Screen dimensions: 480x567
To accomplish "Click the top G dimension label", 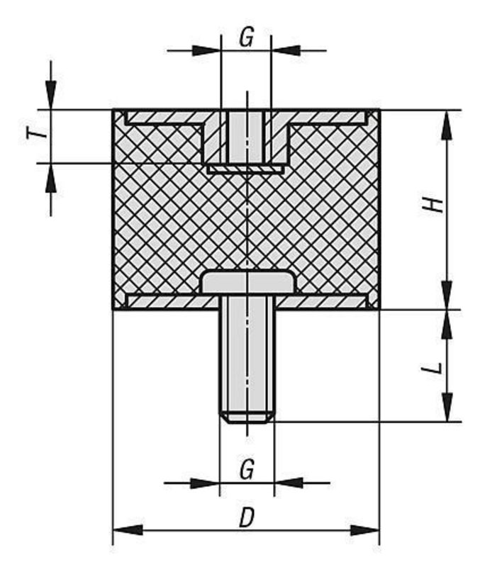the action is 246,38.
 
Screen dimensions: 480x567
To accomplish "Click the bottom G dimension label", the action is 247,470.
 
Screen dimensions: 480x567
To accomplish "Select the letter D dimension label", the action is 247,517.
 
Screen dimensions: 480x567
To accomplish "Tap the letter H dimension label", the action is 433,205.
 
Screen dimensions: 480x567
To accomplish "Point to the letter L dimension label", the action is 432,368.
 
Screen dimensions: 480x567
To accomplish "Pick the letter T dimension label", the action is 38,134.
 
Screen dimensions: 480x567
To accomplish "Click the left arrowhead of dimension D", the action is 128,530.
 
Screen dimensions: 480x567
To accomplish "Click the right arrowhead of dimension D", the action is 364,530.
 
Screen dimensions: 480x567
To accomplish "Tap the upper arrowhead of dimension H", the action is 448,125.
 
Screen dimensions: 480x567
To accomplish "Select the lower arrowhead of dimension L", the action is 448,407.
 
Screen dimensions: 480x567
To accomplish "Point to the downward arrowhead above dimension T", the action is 51,95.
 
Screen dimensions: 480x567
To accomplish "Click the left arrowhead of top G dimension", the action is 206,50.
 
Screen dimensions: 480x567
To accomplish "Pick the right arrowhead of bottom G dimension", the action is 289,483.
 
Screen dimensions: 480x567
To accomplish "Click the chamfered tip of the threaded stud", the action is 247,417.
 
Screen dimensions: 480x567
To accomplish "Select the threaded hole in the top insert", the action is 247,137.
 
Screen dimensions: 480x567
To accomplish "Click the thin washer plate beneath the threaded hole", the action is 245,169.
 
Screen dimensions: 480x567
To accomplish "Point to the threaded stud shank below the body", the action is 247,359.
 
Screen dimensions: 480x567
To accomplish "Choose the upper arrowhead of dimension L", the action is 448,325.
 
